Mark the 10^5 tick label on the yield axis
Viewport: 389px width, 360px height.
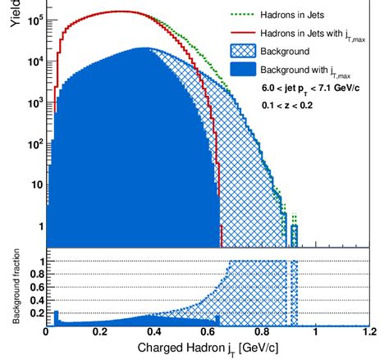[x=32, y=20]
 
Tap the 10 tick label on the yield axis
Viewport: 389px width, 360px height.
[x=34, y=185]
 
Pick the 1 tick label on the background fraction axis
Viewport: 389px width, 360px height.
[x=38, y=261]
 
